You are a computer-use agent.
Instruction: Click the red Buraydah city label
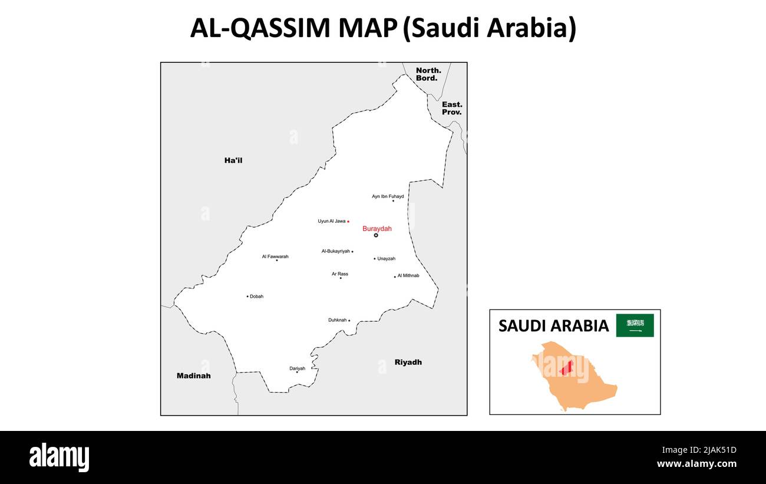pos(377,229)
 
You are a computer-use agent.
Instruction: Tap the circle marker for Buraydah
pos(376,235)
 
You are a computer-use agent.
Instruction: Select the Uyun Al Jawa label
pos(332,221)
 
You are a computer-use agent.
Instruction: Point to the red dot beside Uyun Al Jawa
pos(348,222)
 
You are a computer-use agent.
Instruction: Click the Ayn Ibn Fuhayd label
pos(388,196)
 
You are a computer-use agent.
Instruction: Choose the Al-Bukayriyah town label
pos(335,251)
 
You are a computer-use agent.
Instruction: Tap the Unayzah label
pos(386,259)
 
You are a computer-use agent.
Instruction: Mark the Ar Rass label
pos(339,274)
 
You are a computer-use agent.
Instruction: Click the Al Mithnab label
pos(408,275)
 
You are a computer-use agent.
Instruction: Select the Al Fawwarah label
pos(275,256)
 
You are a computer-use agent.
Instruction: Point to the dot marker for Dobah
pos(247,297)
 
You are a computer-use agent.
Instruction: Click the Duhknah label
pos(338,320)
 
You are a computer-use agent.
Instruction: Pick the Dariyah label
pos(297,368)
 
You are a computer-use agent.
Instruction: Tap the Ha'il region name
pos(233,160)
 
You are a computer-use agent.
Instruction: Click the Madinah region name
pos(193,376)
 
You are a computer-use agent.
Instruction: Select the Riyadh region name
pos(408,362)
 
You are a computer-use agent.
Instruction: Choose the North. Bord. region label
pos(428,74)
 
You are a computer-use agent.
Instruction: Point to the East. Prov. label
pos(452,108)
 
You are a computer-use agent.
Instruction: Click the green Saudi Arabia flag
pos(635,325)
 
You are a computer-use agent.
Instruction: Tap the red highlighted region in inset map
pos(566,368)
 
